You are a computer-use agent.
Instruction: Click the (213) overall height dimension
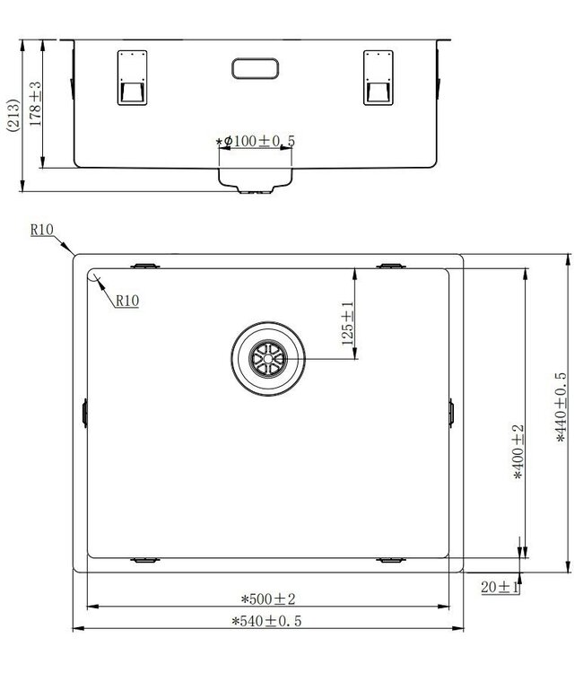(11, 116)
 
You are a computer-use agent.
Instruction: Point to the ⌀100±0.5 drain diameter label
(257, 142)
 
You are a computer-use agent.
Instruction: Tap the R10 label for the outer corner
(42, 231)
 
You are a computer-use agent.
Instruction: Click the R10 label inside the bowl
(126, 302)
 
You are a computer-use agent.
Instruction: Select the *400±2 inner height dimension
(518, 453)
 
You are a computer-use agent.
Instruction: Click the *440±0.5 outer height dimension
(561, 408)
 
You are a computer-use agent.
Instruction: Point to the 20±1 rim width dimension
(500, 587)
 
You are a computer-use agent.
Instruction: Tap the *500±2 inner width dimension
(268, 599)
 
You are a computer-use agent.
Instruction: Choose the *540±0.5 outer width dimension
(266, 620)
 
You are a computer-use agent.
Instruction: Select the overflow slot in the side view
(257, 68)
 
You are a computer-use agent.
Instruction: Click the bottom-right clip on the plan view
(392, 560)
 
